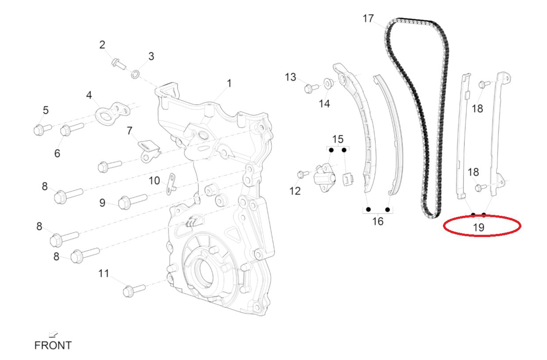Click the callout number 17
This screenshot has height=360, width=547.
pos(368,19)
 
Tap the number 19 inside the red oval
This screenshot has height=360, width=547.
pos(478,227)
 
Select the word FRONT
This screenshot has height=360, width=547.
pos(53,345)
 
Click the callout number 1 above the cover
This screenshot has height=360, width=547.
pos(229,83)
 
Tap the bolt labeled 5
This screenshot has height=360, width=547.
pos(41,130)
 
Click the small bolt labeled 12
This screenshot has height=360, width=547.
pos(301,174)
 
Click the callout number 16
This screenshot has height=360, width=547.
pos(378,221)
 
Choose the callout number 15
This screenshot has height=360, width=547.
pos(338,139)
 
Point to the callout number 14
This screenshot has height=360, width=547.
pos(324,104)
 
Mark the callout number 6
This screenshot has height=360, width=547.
pos(57,153)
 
